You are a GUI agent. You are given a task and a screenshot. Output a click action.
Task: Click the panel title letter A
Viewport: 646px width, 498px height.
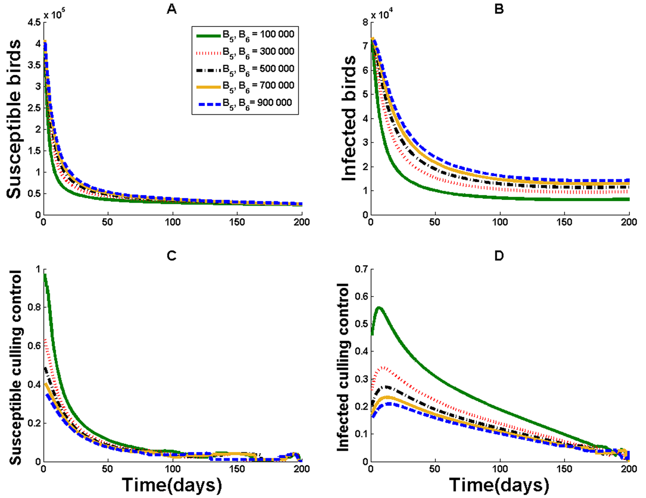click(171, 9)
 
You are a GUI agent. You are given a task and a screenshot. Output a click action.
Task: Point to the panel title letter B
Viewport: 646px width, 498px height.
click(499, 9)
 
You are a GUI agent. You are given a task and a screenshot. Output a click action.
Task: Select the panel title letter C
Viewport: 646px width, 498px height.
click(171, 256)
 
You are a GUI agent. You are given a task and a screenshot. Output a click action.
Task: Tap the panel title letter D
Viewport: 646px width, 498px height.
click(499, 256)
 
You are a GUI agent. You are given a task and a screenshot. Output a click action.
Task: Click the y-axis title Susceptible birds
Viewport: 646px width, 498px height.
click(14, 119)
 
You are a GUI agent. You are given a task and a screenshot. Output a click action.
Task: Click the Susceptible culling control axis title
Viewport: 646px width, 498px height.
click(16, 367)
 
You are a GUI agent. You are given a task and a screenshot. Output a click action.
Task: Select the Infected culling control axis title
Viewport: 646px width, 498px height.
click(343, 367)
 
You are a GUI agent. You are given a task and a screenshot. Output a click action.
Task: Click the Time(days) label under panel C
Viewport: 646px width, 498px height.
click(172, 485)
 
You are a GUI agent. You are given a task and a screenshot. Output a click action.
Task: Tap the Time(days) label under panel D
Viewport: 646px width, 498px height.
click(500, 485)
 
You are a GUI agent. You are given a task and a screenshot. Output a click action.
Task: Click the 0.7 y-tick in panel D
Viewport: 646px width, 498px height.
click(361, 270)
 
